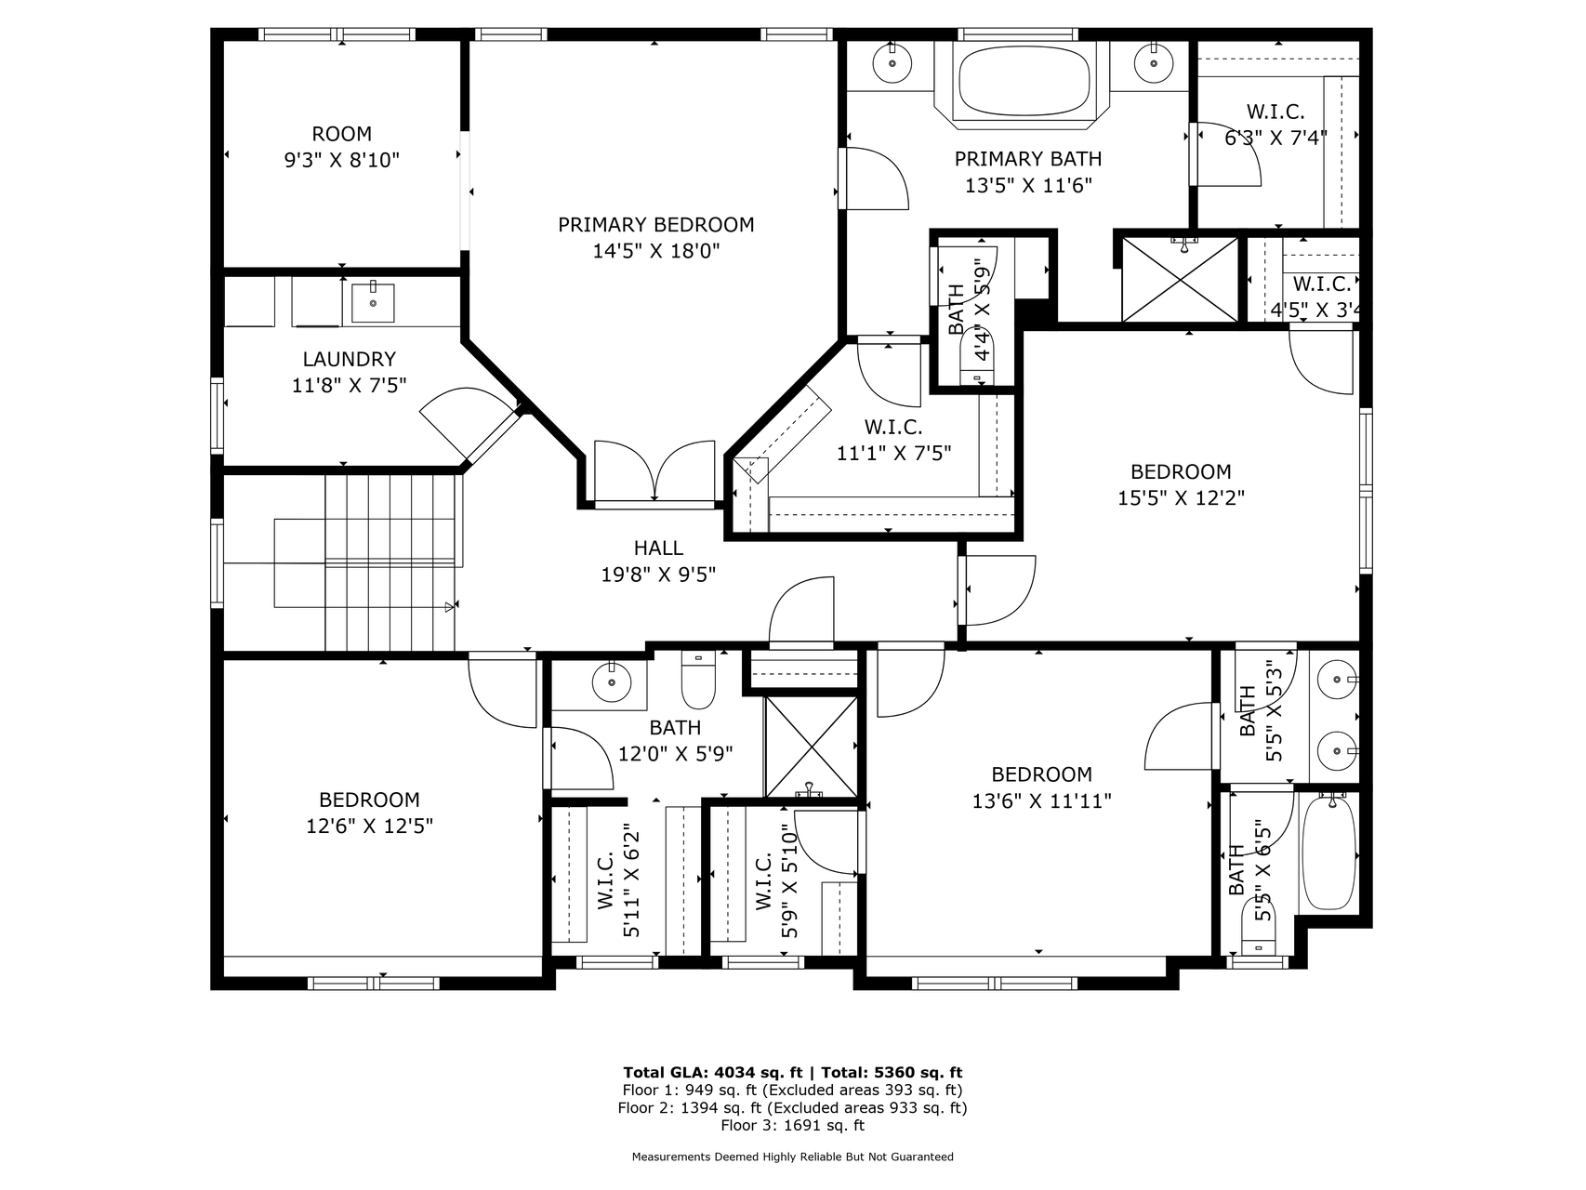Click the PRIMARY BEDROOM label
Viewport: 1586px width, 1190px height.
coord(655,225)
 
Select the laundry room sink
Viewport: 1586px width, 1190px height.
coord(373,302)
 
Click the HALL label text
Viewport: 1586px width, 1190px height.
coord(658,549)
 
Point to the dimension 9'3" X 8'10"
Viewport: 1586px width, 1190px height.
coord(342,160)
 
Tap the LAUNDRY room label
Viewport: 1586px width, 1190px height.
coord(350,359)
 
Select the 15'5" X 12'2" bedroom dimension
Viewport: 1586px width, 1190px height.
coord(1181,497)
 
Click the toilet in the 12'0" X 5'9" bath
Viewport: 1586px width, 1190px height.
coord(698,681)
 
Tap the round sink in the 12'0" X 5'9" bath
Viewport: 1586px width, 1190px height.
coord(612,683)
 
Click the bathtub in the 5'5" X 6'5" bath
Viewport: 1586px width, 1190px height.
coord(1330,854)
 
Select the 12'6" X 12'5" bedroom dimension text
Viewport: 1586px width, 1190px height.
coord(369,826)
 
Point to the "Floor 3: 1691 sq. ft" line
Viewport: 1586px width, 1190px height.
coord(793,1125)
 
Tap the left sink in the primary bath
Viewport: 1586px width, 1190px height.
coord(892,63)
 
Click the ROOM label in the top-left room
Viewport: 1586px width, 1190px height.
coord(342,134)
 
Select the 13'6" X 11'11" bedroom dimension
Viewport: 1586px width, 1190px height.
coord(1041,800)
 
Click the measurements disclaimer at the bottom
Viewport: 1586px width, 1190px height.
coord(793,1157)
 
